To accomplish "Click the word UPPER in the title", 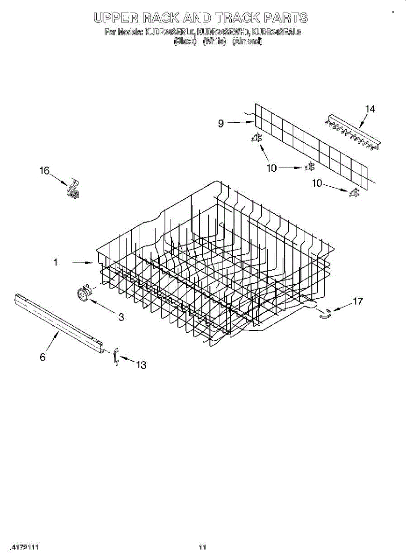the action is (115, 18).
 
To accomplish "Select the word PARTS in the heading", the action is (285, 18).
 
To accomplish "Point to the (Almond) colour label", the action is (247, 41).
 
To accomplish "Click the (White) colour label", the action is (215, 41).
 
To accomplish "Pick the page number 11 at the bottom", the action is (202, 547).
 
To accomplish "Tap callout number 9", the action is (221, 124).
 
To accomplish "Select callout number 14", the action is (370, 109).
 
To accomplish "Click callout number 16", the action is (44, 171).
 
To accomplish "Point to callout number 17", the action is (358, 301).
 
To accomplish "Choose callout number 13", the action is (141, 365).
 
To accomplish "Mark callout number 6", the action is (43, 357).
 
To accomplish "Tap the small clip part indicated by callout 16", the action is (72, 189).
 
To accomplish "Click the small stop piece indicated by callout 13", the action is (115, 357).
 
